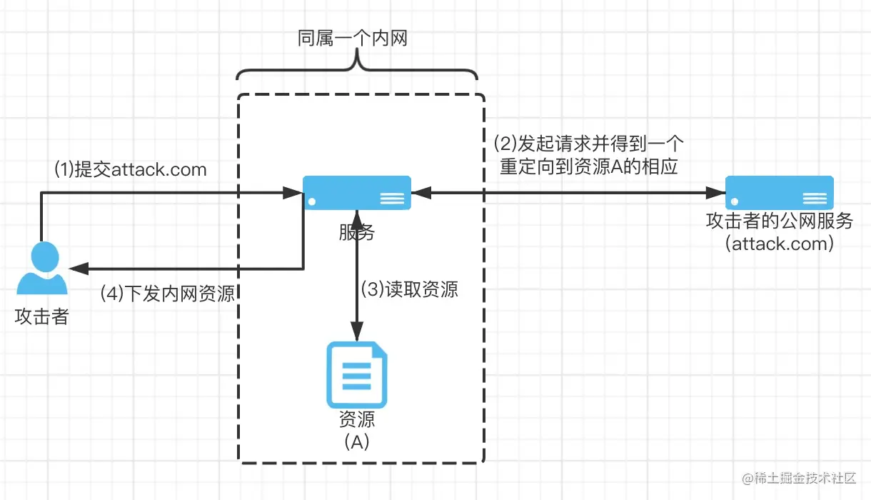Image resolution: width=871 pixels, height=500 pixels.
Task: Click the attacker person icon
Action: tap(42, 269)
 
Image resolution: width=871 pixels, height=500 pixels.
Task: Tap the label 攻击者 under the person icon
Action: tap(41, 316)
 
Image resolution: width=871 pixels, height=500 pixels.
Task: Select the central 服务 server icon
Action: tap(357, 192)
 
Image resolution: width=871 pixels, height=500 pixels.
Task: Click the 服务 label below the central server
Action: tap(357, 232)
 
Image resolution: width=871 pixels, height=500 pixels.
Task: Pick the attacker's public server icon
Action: tap(780, 192)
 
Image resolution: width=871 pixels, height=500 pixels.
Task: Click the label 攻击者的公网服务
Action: tap(780, 221)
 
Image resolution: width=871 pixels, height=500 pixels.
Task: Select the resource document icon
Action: tap(357, 376)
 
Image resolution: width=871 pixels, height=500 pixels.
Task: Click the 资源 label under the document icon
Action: tap(357, 419)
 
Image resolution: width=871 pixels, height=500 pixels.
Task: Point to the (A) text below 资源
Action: tap(357, 442)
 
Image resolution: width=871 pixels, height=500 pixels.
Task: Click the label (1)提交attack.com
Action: tap(131, 169)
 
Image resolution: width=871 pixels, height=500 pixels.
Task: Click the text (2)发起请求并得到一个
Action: tap(589, 142)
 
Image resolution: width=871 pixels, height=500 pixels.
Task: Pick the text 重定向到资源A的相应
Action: tap(589, 166)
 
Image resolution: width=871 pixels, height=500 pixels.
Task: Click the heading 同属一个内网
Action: tap(353, 39)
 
